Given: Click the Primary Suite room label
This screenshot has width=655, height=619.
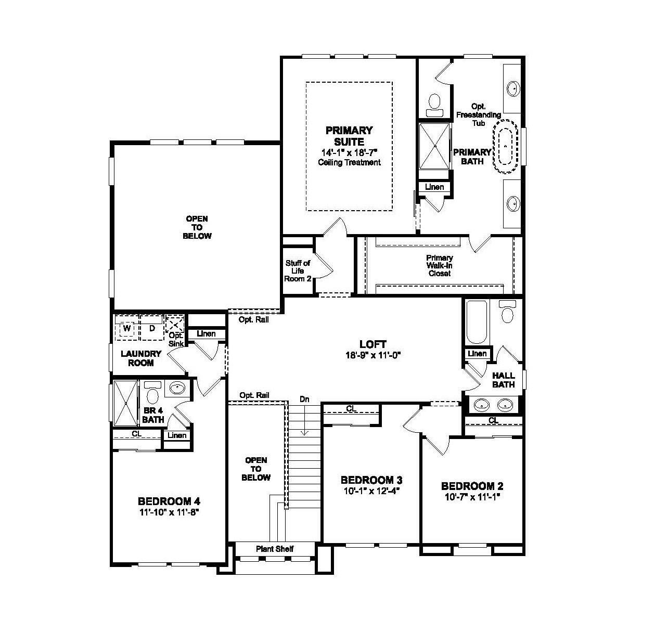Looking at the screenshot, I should (x=349, y=136).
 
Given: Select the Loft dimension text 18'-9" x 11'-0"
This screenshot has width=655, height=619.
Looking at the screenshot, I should (x=373, y=355).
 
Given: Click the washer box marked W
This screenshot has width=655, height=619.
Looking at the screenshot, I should (x=126, y=329).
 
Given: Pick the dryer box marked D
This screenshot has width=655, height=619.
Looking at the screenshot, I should (x=152, y=329).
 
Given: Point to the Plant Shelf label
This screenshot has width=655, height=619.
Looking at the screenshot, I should (x=275, y=549).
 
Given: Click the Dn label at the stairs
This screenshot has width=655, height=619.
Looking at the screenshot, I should (x=304, y=399).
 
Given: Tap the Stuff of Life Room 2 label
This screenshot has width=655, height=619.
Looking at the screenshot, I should (x=298, y=270).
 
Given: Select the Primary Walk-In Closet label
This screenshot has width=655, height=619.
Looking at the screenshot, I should (x=439, y=265).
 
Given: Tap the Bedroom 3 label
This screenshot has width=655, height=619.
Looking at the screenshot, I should (x=371, y=480).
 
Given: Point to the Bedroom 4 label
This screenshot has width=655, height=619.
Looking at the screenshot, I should (x=169, y=501).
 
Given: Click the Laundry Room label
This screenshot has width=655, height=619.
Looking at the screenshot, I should (x=141, y=358).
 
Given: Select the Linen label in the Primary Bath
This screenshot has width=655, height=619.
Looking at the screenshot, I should (x=434, y=187).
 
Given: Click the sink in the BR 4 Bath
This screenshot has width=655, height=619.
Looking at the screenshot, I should (x=178, y=388).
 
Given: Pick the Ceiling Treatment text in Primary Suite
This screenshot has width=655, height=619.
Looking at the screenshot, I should (x=349, y=162).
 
